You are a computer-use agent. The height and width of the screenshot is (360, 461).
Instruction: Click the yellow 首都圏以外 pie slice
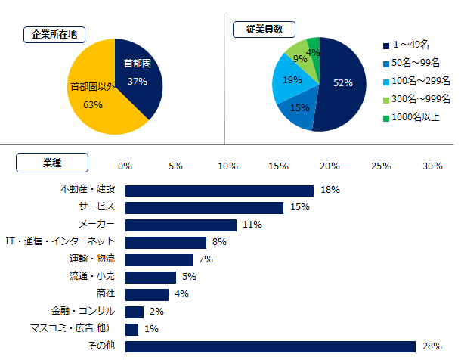pyautogui.click(x=91, y=98)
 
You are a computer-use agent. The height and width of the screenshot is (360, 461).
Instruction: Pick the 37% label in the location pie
pyautogui.click(x=138, y=81)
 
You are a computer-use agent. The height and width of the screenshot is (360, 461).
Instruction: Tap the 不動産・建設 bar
pyautogui.click(x=219, y=191)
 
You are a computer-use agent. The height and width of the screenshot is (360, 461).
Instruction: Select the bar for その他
pyautogui.click(x=271, y=346)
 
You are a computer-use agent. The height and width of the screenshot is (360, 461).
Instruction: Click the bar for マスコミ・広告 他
pyautogui.click(x=131, y=329)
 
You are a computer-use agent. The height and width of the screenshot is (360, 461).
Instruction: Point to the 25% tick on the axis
pyautogui.click(x=381, y=166)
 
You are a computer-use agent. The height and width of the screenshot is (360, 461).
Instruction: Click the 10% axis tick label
pyautogui.click(x=227, y=166)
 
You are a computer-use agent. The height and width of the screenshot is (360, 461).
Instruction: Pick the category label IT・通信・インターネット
pyautogui.click(x=60, y=241)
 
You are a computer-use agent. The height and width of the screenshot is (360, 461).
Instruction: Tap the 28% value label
pyautogui.click(x=432, y=346)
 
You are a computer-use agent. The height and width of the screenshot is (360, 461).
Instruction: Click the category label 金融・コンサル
pyautogui.click(x=83, y=311)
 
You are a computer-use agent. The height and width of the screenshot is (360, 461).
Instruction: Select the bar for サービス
pyautogui.click(x=204, y=207)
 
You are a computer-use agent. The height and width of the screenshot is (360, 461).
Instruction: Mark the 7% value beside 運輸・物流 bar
pyautogui.click(x=206, y=259)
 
